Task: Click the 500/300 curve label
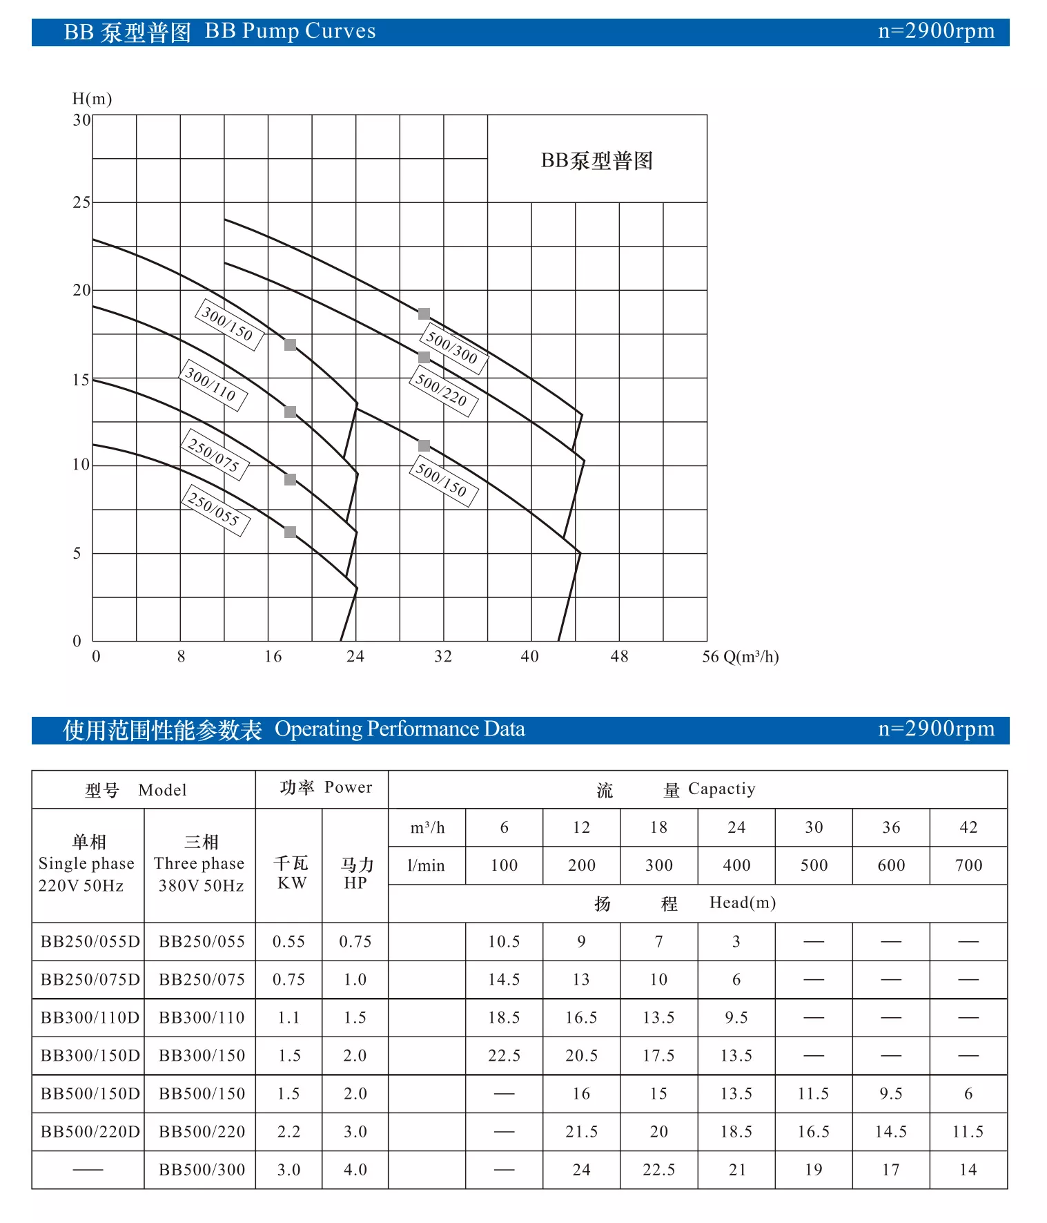453,348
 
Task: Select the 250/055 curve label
215,510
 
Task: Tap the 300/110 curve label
212,385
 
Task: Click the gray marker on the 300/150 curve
291,345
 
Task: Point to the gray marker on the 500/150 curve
424,446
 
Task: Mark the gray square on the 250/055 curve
291,532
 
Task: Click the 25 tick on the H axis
81,202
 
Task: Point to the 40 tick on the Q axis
529,656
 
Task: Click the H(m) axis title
92,99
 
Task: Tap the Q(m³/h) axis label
750,656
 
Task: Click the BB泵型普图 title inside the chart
596,161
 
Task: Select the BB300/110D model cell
90,1017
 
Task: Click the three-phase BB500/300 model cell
202,1170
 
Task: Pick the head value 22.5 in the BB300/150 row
504,1055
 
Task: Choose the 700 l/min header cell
968,865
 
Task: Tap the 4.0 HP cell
355,1170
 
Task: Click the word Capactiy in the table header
721,789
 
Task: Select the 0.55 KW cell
288,941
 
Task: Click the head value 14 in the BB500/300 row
968,1170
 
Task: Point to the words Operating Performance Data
400,729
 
